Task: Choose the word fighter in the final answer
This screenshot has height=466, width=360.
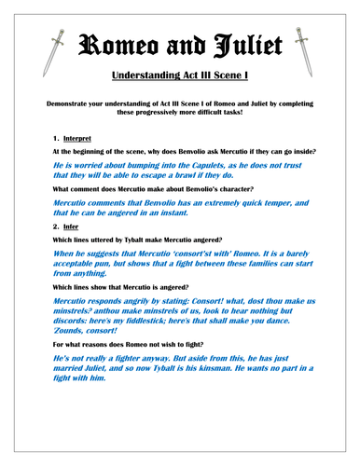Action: coord(126,383)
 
